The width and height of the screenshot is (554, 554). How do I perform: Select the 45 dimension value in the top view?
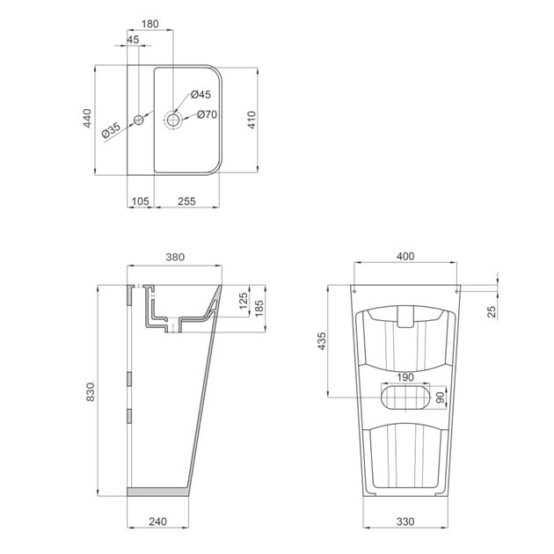133,40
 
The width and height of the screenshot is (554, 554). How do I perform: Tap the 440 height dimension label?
87,120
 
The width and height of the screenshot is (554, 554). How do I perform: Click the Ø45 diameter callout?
200,94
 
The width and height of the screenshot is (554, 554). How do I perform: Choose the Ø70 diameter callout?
207,114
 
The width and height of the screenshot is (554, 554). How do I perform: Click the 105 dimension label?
141,201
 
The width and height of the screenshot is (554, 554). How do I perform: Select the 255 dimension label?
187,201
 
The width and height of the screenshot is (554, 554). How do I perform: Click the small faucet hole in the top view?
138,119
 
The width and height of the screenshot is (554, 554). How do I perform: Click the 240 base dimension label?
157,522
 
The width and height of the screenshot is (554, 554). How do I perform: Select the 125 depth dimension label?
243,302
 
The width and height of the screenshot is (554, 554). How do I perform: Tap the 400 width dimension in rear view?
405,257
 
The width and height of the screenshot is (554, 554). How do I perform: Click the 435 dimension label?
322,340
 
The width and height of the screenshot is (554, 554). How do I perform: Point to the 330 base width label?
405,522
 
